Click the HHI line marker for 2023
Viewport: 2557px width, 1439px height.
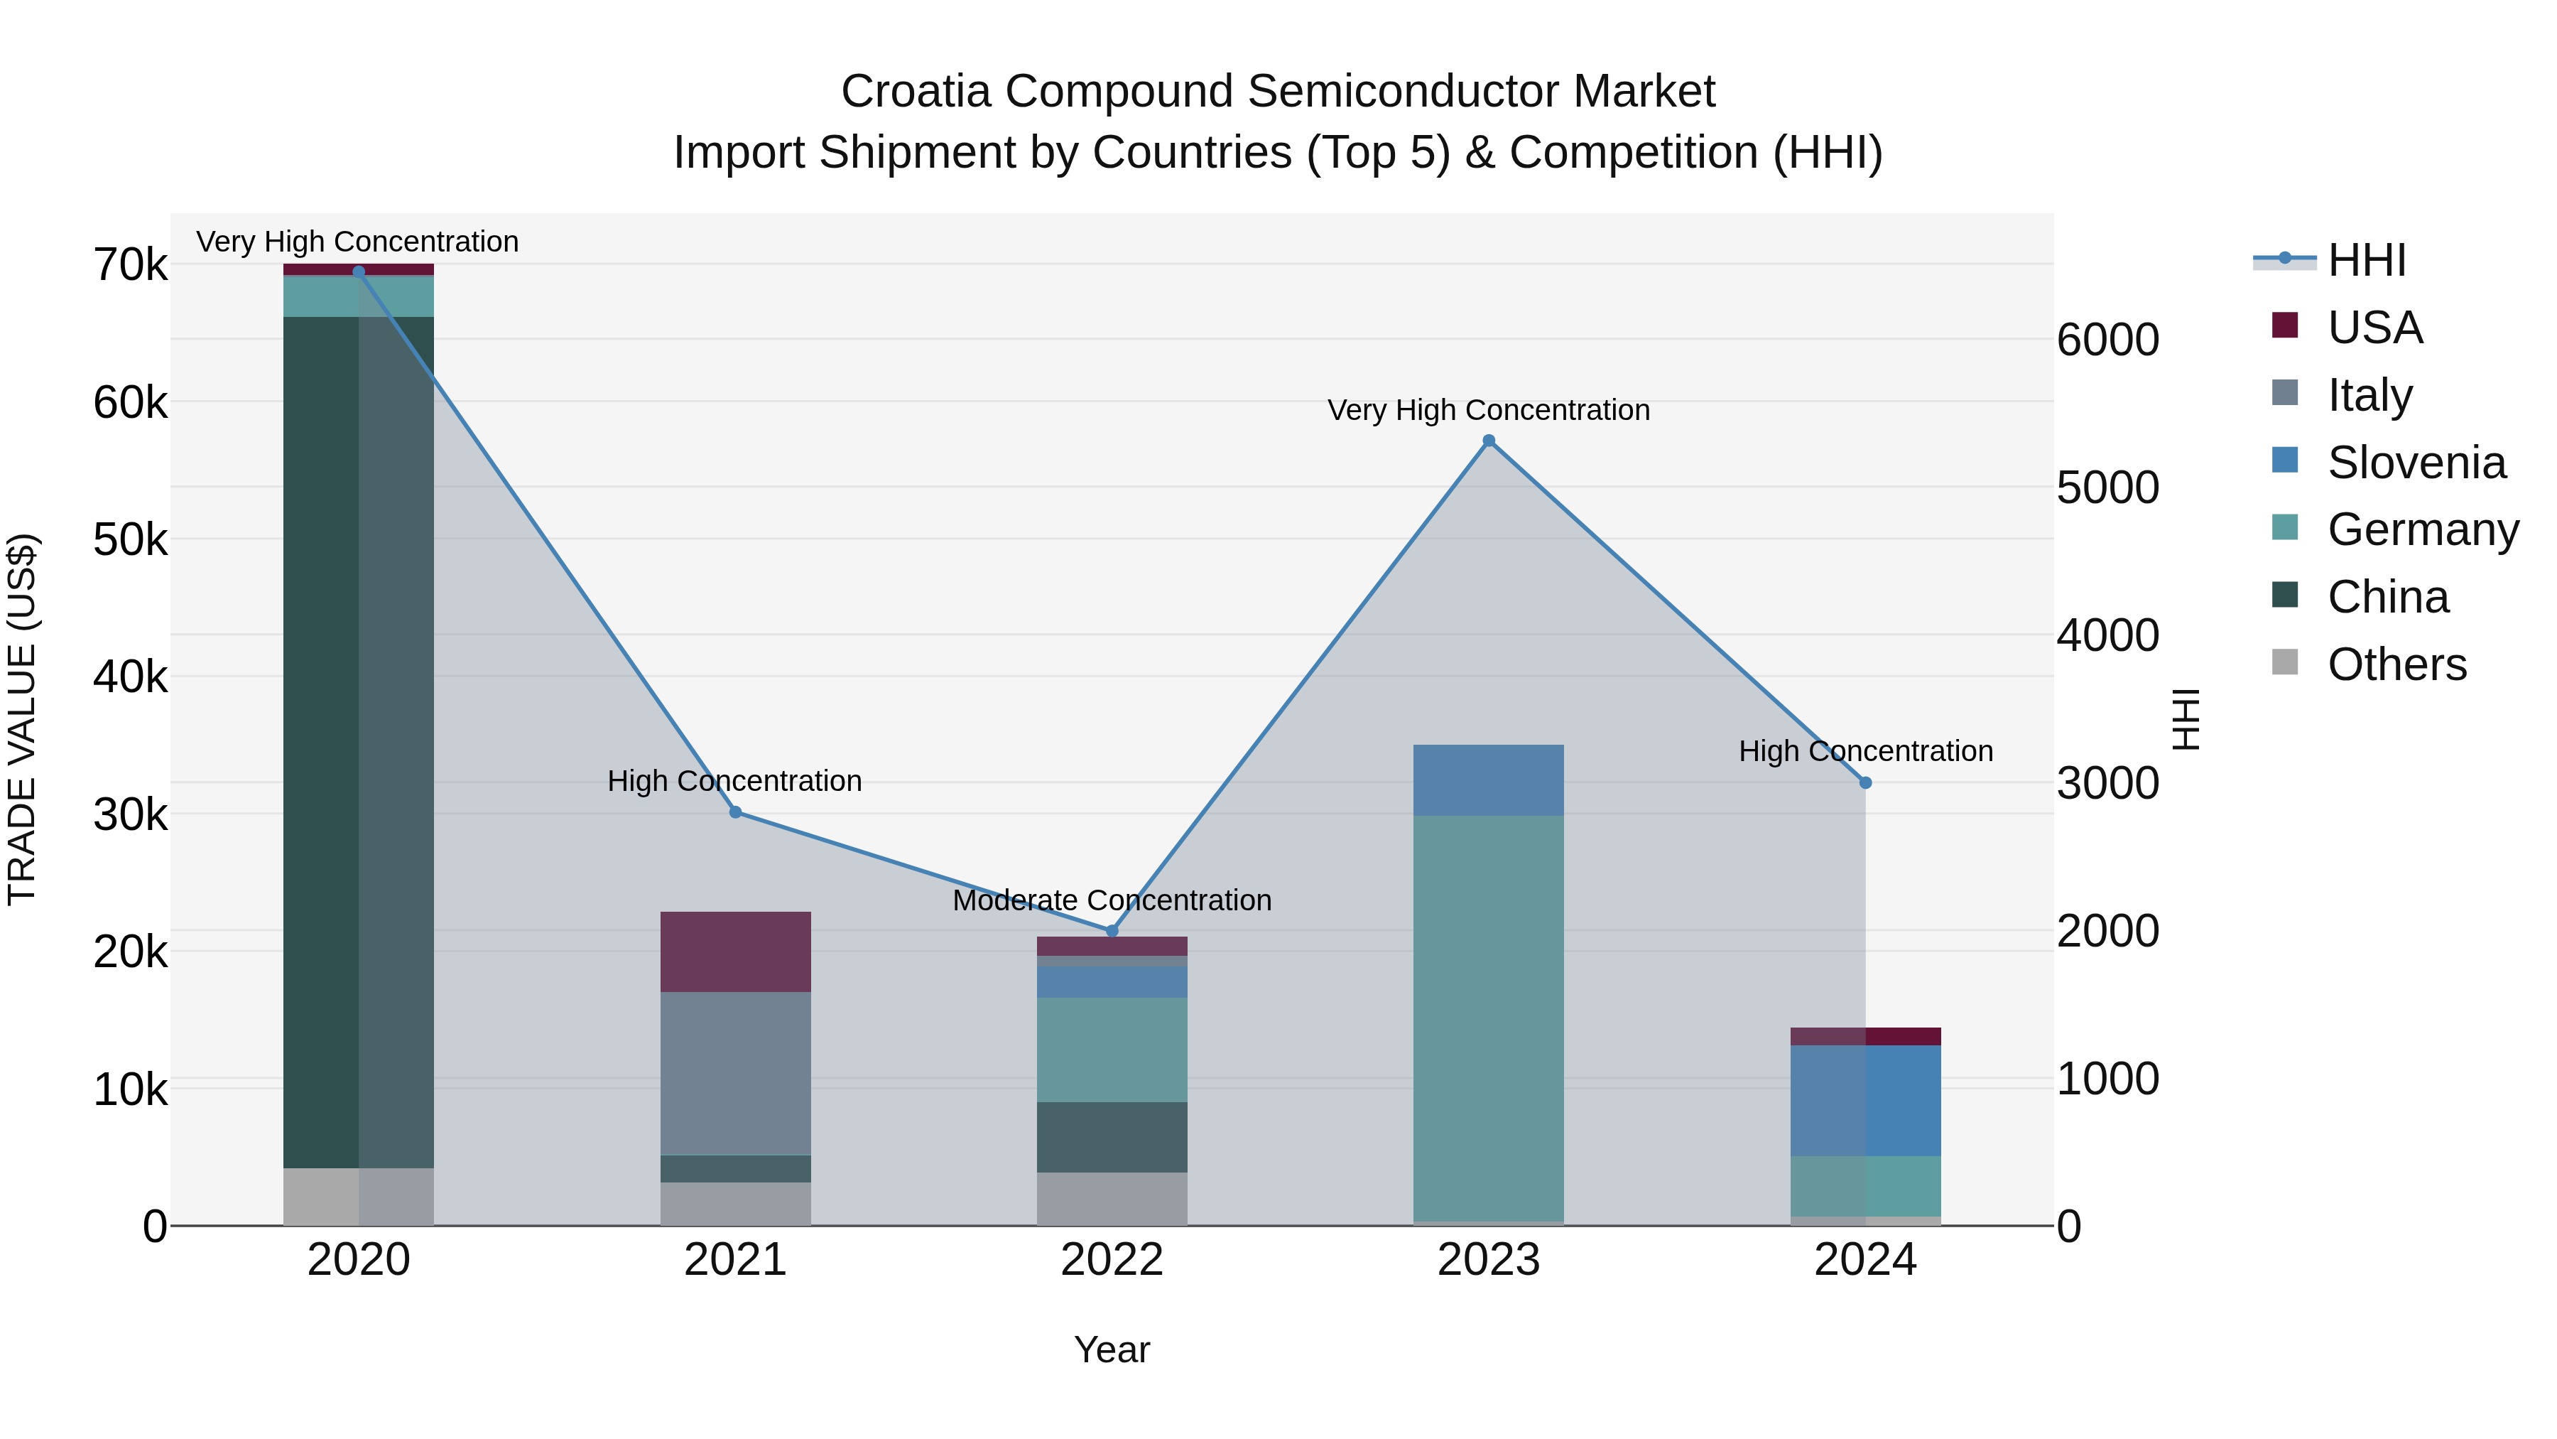coord(1488,441)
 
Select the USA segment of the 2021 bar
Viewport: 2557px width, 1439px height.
coord(736,952)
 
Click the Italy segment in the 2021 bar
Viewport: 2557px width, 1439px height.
coord(736,1072)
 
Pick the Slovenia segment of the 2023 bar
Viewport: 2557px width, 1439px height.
coord(1488,780)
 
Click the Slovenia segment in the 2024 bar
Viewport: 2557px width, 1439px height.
coord(1865,1100)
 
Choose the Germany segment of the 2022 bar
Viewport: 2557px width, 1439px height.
coord(1112,1050)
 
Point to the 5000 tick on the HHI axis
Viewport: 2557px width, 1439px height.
coord(2107,487)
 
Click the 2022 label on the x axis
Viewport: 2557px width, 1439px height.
coord(1112,1260)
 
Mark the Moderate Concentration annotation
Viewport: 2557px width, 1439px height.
coord(1112,901)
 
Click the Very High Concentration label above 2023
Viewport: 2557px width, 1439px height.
coord(1488,410)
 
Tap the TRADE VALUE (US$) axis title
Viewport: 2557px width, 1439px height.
coord(22,719)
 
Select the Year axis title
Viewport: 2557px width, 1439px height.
coord(1112,1349)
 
